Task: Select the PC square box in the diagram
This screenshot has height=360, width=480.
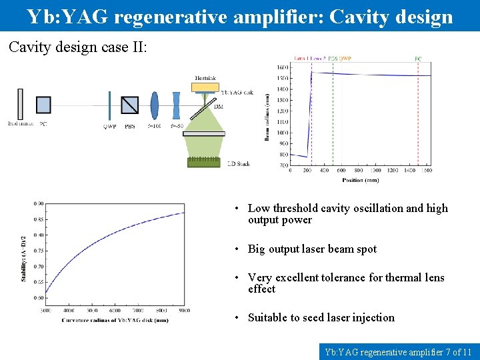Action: [x=43, y=105]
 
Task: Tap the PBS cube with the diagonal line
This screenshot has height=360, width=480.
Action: [x=130, y=105]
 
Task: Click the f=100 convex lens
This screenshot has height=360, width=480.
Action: [x=155, y=105]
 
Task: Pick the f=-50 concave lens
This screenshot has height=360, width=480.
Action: [x=177, y=105]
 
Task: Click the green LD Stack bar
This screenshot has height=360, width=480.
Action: [x=204, y=162]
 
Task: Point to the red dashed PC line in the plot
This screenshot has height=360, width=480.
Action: [x=418, y=113]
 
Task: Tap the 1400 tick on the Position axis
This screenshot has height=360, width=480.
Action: [x=409, y=171]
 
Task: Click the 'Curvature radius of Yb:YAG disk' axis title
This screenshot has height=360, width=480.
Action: [x=115, y=320]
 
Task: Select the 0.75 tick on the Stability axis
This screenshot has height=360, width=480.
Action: [x=39, y=251]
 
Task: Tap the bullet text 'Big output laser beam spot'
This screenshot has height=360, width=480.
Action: [x=312, y=249]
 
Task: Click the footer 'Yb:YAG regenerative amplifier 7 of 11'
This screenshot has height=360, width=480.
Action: [x=398, y=351]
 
